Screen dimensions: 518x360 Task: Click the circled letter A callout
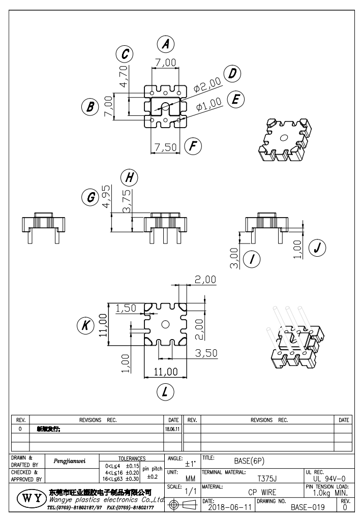coord(165,44)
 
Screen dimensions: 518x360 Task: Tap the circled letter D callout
coord(232,74)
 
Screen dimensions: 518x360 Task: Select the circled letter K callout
coord(87,325)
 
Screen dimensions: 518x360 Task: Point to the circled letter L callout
coord(165,391)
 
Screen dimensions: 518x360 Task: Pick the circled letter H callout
coord(130,177)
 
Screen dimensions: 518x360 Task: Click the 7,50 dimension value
coord(165,147)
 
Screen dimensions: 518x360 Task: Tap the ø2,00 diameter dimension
coord(207,84)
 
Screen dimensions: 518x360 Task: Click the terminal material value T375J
coord(267,478)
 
